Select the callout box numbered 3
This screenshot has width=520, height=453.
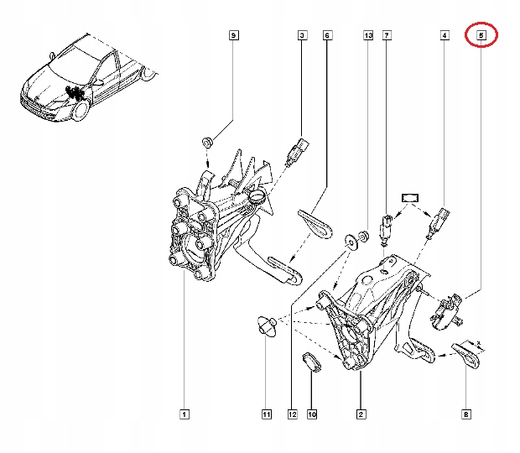coord(301,35)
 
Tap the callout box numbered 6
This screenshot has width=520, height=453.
coord(327,35)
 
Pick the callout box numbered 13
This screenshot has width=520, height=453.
coord(367,35)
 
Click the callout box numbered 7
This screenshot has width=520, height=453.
coord(387,35)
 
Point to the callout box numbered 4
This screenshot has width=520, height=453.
coord(444,35)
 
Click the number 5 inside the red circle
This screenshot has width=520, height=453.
coord(481,35)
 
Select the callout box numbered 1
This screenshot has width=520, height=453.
coord(184,414)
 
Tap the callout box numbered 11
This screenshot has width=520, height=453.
coord(266,414)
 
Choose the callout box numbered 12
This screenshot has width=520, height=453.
coord(292,414)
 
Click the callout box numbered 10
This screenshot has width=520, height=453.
coord(312,414)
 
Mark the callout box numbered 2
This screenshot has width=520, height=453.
coord(360,414)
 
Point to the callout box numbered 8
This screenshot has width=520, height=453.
coord(466,414)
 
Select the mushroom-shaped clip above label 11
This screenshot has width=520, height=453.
coord(266,326)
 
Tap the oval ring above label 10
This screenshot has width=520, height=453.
coord(312,362)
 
